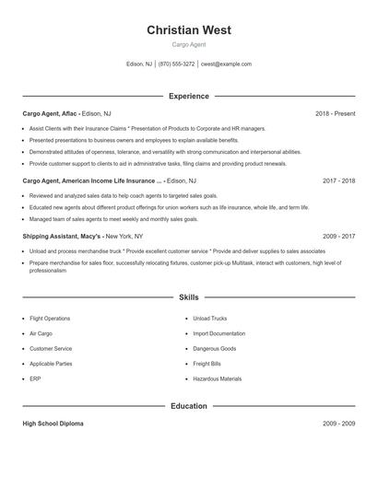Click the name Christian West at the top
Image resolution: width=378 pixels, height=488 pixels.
tap(188, 30)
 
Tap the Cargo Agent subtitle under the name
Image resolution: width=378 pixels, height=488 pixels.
tap(188, 44)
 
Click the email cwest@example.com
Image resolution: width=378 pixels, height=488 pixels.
tap(227, 64)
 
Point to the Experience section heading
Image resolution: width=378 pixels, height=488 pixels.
tap(188, 96)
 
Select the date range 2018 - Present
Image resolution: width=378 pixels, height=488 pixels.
tap(335, 113)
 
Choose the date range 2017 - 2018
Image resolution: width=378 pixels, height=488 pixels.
tap(338, 181)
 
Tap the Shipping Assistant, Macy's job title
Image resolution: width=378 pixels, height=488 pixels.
tap(60, 236)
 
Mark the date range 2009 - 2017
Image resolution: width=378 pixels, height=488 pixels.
tap(338, 236)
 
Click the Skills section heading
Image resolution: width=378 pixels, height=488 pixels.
tap(188, 297)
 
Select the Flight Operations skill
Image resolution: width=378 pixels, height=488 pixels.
tap(49, 319)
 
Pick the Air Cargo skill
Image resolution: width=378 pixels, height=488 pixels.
tap(40, 333)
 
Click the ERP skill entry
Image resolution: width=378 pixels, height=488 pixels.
tap(34, 378)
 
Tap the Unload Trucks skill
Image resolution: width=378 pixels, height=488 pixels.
tap(210, 319)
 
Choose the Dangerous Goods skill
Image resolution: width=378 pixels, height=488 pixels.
tap(215, 349)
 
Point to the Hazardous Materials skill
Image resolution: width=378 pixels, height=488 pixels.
tap(218, 378)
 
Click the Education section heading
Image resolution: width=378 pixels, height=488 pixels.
tap(188, 406)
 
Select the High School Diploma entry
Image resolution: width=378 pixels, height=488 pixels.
tap(53, 424)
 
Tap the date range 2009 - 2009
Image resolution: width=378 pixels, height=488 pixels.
tap(338, 424)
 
